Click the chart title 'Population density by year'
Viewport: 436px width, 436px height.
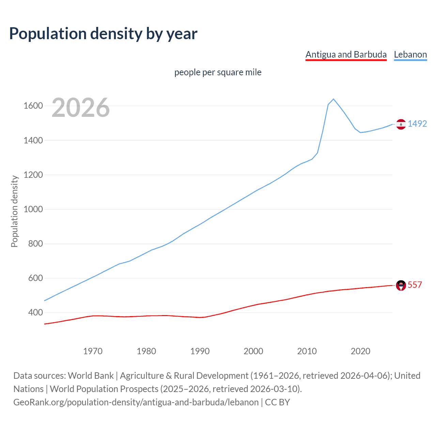(103, 34)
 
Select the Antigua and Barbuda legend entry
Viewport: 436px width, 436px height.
(346, 55)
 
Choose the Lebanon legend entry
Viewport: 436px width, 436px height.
(410, 55)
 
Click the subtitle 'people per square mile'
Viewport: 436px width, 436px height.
(218, 73)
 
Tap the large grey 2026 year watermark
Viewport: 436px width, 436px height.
(81, 108)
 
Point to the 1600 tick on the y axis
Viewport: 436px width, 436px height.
(33, 106)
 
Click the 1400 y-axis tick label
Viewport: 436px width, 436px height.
(33, 140)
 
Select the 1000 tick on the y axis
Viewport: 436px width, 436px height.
(33, 209)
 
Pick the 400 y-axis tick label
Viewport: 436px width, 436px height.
(35, 312)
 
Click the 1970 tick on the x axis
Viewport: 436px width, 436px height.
(93, 351)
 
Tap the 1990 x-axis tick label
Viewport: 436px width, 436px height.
(200, 351)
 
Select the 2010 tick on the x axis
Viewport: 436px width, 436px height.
(307, 351)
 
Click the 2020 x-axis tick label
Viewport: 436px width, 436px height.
(360, 351)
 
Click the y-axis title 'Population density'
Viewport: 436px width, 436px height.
(14, 211)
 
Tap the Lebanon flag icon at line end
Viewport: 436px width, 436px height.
(401, 124)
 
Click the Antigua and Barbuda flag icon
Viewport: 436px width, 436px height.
(401, 285)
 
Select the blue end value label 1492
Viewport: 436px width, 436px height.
(417, 124)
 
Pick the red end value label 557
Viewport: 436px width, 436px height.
(415, 285)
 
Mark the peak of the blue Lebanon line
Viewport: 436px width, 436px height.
(333, 99)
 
